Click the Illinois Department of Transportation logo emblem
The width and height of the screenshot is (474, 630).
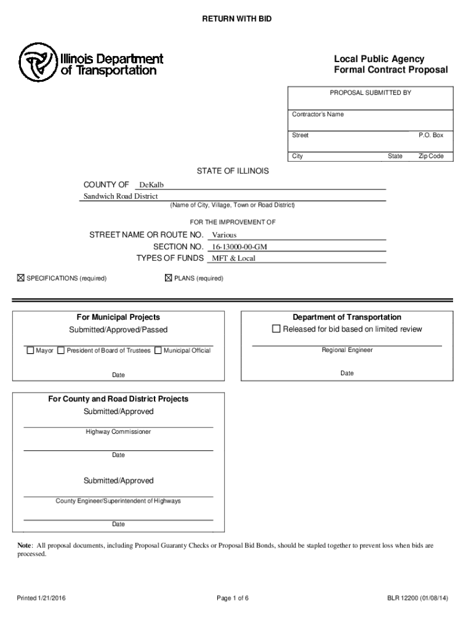[38, 63]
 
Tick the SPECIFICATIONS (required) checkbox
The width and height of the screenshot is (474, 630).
[20, 279]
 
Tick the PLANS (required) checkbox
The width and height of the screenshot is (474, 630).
[168, 279]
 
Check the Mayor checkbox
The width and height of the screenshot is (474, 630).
[30, 351]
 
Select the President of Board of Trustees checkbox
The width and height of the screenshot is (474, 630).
[60, 351]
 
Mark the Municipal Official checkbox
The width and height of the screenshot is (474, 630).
[158, 351]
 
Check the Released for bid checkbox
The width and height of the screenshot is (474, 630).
[276, 329]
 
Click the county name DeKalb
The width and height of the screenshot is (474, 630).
[151, 185]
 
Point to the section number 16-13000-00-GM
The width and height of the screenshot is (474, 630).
[239, 247]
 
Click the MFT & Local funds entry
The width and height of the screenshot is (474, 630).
[233, 258]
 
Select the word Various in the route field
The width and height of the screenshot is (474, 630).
[224, 235]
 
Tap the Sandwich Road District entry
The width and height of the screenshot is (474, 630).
[121, 196]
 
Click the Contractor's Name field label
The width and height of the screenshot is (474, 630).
[318, 114]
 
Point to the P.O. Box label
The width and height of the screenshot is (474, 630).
[431, 135]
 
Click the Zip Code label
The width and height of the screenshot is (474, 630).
[431, 156]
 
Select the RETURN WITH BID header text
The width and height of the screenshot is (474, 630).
[237, 20]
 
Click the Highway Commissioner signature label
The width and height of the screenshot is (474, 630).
[118, 432]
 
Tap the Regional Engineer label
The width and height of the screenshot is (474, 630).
[347, 350]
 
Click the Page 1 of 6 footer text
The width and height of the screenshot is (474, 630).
[233, 597]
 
